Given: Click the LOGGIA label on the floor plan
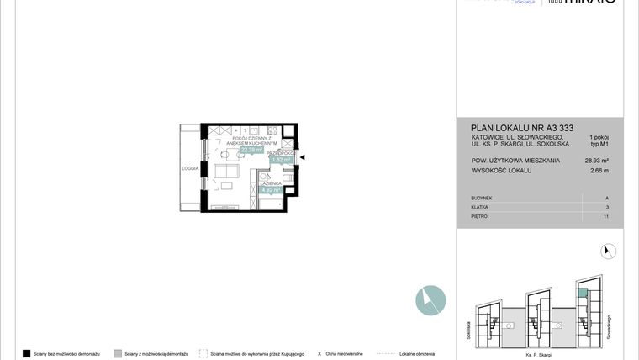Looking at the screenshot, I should click(x=190, y=168).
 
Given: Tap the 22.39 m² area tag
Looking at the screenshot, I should click(x=251, y=151).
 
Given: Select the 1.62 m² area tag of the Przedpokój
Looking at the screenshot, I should click(x=282, y=159).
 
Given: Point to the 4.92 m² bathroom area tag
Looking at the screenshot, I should click(x=271, y=190).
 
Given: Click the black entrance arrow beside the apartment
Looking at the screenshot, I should click(x=304, y=157).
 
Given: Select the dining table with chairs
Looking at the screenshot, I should click(x=225, y=154).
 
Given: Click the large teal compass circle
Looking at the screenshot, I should click(x=430, y=300).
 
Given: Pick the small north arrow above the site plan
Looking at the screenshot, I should click(x=608, y=251).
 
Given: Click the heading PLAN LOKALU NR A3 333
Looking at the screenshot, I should click(x=521, y=127).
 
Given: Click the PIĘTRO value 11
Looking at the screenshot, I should click(x=606, y=216).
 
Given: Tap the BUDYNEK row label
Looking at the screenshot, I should click(x=483, y=198).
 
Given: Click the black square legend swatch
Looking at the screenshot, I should click(x=26, y=353).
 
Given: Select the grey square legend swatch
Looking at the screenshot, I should click(x=117, y=353).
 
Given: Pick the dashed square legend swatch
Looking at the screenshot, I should click(x=203, y=353).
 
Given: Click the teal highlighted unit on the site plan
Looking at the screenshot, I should click(x=583, y=292).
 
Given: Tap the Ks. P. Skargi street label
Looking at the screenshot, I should click(x=538, y=356).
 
